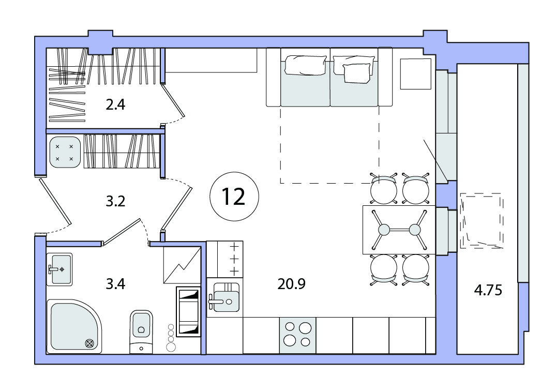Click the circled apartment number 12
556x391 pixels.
(234, 197)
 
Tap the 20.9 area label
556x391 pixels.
(291, 284)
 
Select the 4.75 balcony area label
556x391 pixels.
(488, 291)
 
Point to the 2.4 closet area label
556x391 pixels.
(116, 105)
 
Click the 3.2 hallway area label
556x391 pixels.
(116, 202)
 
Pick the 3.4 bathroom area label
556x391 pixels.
(116, 284)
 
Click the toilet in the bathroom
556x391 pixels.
(142, 332)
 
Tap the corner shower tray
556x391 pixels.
(74, 326)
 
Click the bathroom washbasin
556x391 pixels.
(61, 269)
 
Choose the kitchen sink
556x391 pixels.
(224, 298)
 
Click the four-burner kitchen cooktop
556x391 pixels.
(297, 335)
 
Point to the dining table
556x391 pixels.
(399, 230)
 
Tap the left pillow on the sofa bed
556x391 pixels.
(306, 65)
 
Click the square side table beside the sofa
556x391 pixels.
(416, 74)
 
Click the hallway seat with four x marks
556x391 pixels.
(65, 152)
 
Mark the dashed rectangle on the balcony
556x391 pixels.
(482, 220)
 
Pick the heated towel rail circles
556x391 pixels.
(171, 338)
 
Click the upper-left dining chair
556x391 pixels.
(383, 189)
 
